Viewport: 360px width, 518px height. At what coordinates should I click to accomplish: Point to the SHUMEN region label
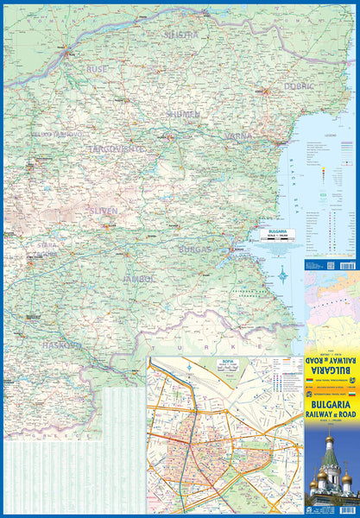click(184, 113)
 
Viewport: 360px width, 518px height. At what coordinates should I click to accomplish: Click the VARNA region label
click(240, 136)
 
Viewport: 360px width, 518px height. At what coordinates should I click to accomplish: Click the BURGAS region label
click(194, 248)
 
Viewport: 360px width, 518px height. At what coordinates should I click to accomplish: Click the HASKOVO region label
click(63, 344)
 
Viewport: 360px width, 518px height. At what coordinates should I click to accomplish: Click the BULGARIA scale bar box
click(277, 235)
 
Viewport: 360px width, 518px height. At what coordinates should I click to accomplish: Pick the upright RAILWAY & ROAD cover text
click(332, 414)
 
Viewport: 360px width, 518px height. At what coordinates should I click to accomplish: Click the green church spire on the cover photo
click(329, 453)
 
